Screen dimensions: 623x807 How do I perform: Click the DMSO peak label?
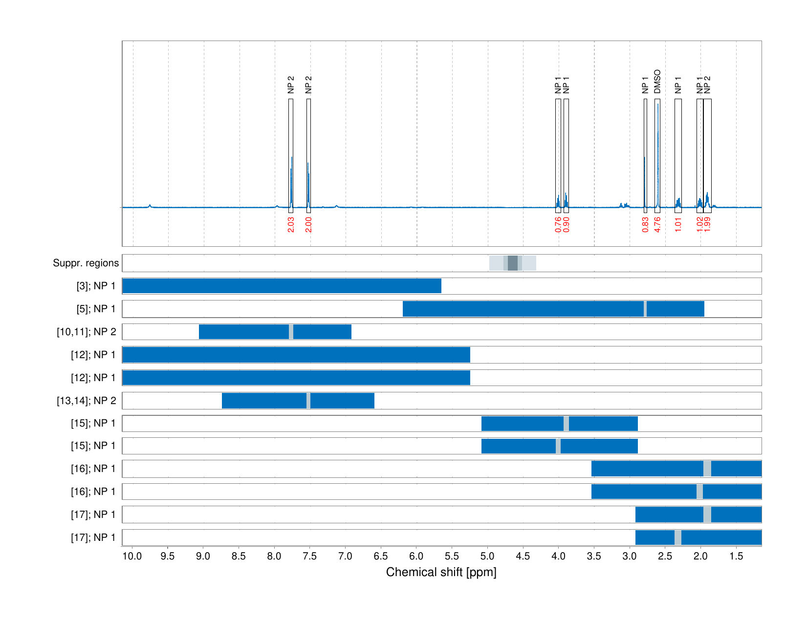(657, 82)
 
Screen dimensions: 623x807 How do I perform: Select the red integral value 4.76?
(657, 225)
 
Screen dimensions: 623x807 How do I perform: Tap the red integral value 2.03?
(291, 225)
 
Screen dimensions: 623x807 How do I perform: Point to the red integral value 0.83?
(645, 225)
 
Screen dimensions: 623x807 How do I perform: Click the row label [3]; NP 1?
(96, 286)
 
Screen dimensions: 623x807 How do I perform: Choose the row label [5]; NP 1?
(96, 309)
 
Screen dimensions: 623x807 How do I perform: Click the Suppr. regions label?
(86, 263)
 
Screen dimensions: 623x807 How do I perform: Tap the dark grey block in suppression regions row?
(512, 263)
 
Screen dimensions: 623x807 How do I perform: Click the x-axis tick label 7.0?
(345, 556)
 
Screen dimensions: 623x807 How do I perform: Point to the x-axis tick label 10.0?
(132, 556)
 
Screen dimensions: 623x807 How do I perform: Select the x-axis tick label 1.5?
(736, 556)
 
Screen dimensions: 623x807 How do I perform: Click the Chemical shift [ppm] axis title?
(441, 572)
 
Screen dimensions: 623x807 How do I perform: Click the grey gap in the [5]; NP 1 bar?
(645, 309)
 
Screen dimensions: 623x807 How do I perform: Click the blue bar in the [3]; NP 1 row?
(282, 286)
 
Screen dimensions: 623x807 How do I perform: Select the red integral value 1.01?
(678, 225)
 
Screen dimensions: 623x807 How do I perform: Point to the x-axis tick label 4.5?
(523, 556)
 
